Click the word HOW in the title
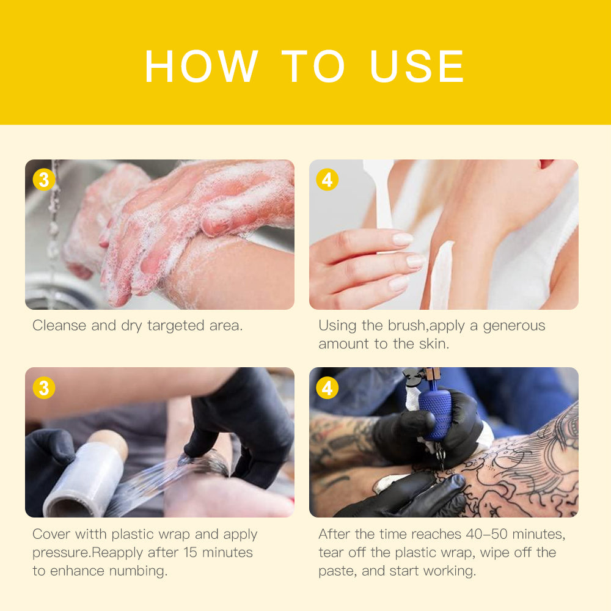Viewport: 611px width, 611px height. pos(201,66)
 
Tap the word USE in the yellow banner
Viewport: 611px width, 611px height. pos(417,66)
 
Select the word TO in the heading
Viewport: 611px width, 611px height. pos(313,66)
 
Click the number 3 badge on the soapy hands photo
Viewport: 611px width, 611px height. pos(43,180)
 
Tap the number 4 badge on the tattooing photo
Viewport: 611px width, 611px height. pos(327,388)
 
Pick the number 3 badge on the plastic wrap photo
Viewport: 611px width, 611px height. pos(43,388)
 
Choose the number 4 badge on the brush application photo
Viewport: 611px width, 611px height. pos(327,180)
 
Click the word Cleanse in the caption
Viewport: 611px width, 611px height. pos(59,326)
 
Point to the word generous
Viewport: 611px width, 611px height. pos(514,326)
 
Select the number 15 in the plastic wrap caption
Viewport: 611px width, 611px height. pos(190,552)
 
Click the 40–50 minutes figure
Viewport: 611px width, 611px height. pos(515,534)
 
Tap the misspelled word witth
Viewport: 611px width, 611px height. pos(91,534)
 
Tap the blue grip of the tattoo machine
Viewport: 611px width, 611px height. pos(435,414)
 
